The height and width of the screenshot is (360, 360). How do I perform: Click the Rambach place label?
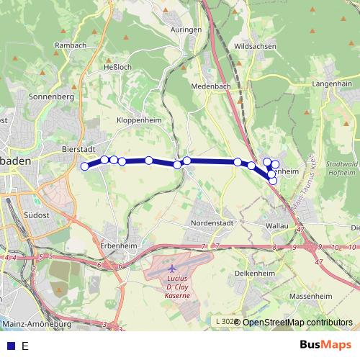click(71, 45)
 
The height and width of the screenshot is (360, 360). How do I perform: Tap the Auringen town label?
click(186, 30)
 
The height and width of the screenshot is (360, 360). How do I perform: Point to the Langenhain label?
click(332, 84)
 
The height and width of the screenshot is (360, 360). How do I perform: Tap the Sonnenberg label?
click(51, 96)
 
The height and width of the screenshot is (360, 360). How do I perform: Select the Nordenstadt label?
click(213, 223)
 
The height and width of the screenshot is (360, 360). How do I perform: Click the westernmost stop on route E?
click(85, 167)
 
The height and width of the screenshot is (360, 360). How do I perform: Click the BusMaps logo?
click(325, 346)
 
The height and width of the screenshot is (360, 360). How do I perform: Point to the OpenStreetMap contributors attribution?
click(297, 323)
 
